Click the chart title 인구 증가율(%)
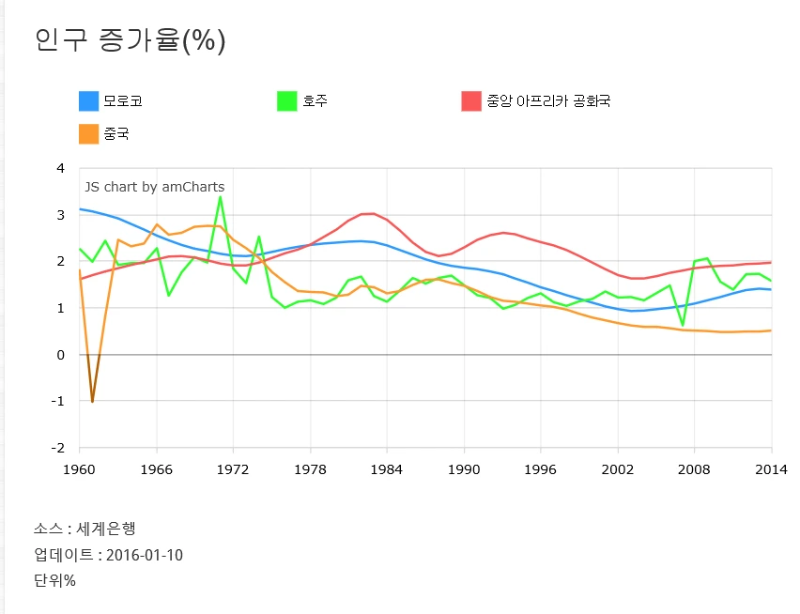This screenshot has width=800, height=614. pyautogui.click(x=130, y=40)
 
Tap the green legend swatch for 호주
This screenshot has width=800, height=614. pyautogui.click(x=287, y=100)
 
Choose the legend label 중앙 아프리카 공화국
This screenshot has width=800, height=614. pyautogui.click(x=548, y=100)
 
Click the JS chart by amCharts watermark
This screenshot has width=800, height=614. pyautogui.click(x=155, y=187)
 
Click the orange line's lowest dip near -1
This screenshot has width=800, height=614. pyautogui.click(x=92, y=402)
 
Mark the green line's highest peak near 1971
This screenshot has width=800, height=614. pyautogui.click(x=221, y=196)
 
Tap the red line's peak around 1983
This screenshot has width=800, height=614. pyautogui.click(x=374, y=213)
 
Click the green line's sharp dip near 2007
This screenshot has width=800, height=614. pyautogui.click(x=683, y=325)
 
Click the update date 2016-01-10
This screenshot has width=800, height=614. pyautogui.click(x=145, y=555)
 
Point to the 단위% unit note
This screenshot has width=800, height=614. pyautogui.click(x=54, y=580)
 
